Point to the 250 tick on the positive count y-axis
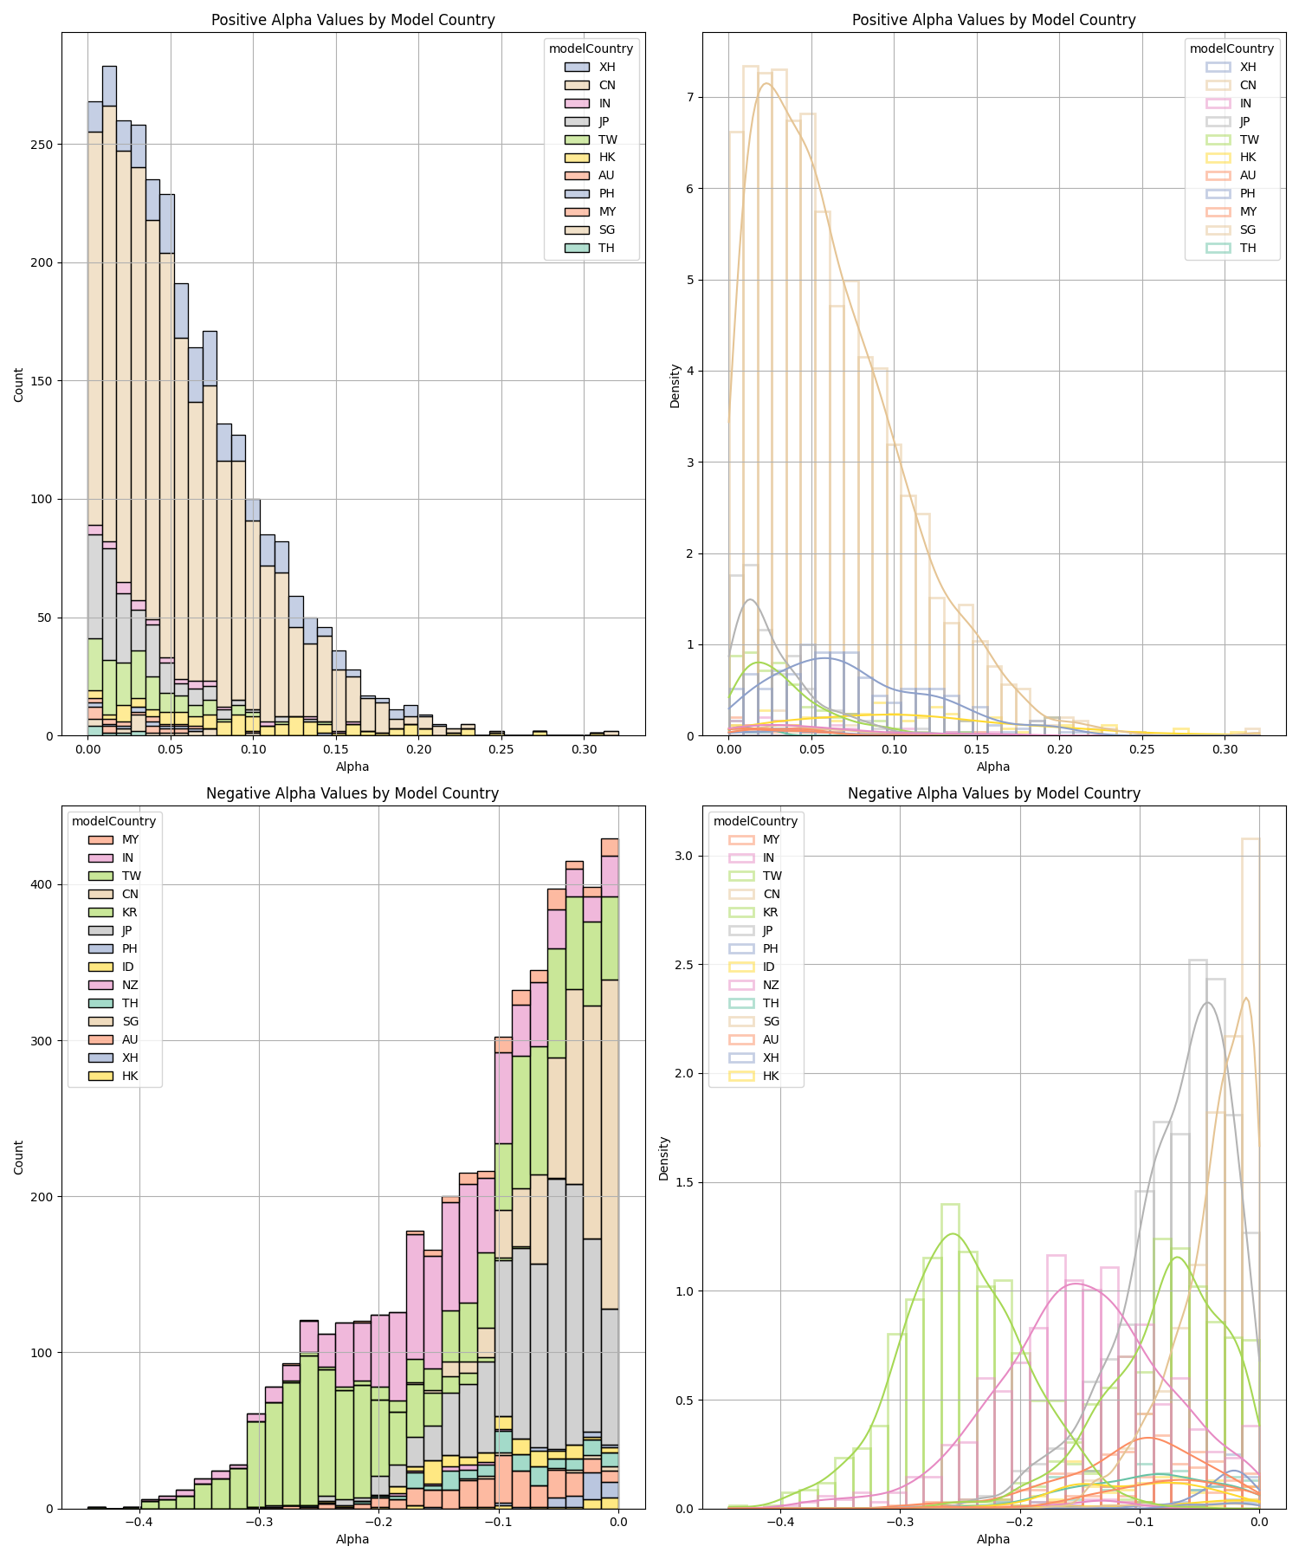[x=42, y=145]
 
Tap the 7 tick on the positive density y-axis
[x=689, y=98]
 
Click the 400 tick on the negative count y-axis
[x=42, y=885]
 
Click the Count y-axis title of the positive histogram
[x=19, y=385]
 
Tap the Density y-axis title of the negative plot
[x=664, y=1158]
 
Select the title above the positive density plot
[x=993, y=20]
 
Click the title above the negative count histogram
[x=352, y=793]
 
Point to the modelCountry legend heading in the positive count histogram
[x=591, y=49]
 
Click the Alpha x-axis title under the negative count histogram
[x=352, y=1539]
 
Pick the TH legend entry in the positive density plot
[x=1247, y=249]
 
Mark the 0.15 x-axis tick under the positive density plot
[x=977, y=748]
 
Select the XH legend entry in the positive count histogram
[x=606, y=68]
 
